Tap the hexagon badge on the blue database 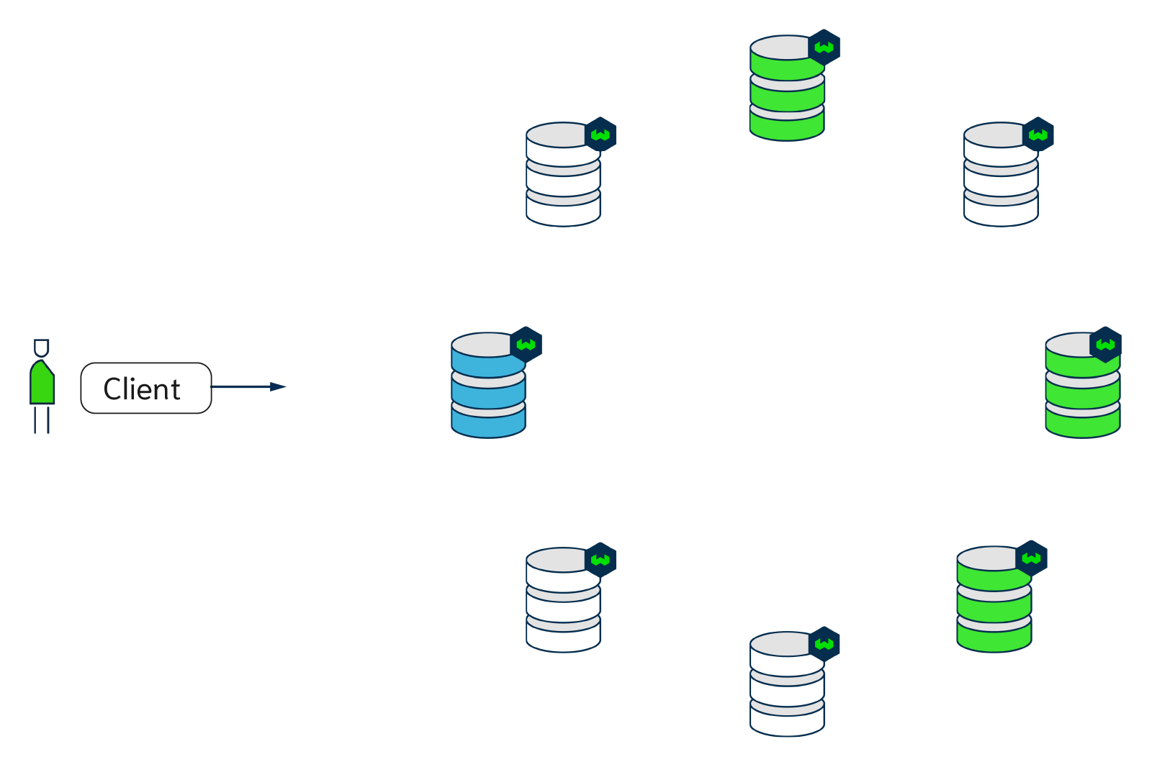(526, 345)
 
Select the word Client (142, 389)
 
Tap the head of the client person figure (42, 348)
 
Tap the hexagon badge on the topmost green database (824, 47)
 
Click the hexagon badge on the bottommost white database (824, 644)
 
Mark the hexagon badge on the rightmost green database (1106, 345)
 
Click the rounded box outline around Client (82, 389)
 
